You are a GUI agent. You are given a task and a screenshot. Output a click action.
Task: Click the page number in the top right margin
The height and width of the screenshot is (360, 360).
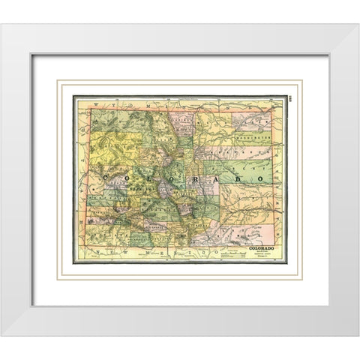293,100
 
